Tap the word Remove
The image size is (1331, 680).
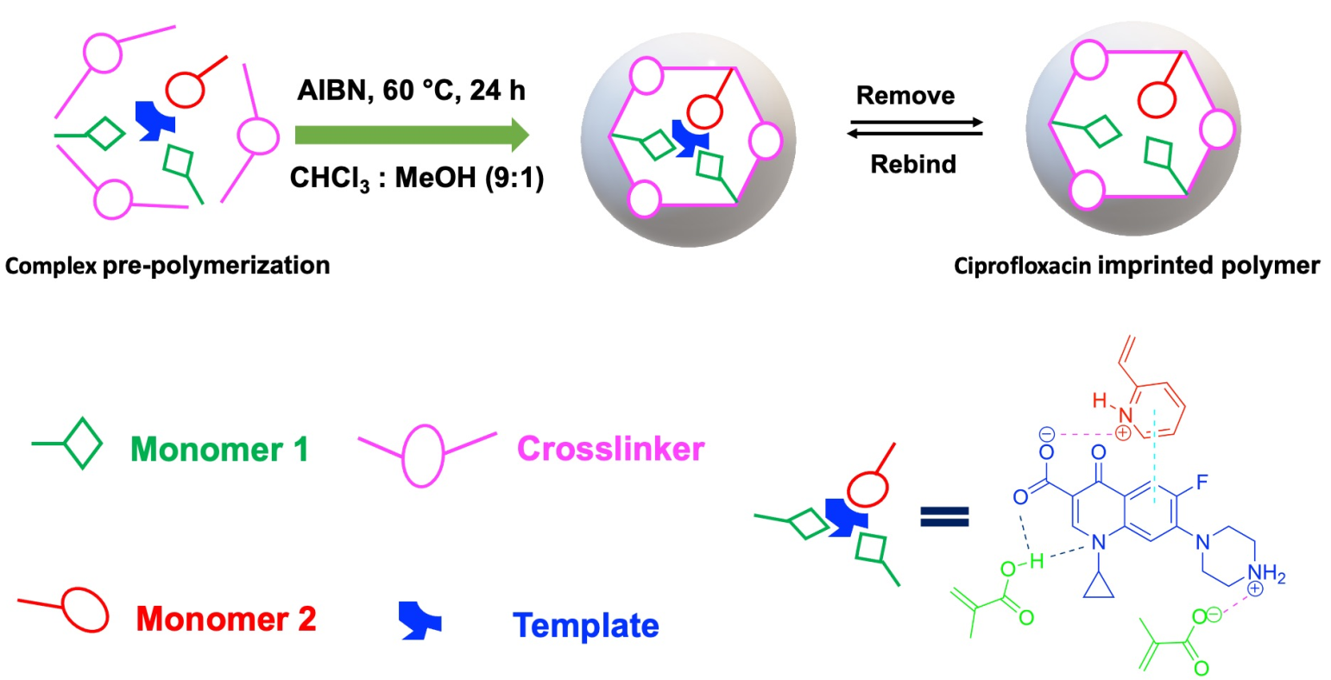(905, 95)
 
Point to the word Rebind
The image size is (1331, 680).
(912, 164)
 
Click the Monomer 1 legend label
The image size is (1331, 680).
(219, 449)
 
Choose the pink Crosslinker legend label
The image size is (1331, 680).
(610, 449)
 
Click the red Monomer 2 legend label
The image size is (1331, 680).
(226, 618)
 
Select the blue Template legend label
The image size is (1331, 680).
(585, 626)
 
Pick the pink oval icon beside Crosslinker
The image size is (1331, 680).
(422, 451)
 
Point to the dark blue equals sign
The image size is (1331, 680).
(944, 516)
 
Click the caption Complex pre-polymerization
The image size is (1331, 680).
(167, 265)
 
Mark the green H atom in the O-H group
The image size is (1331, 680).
(1037, 562)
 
